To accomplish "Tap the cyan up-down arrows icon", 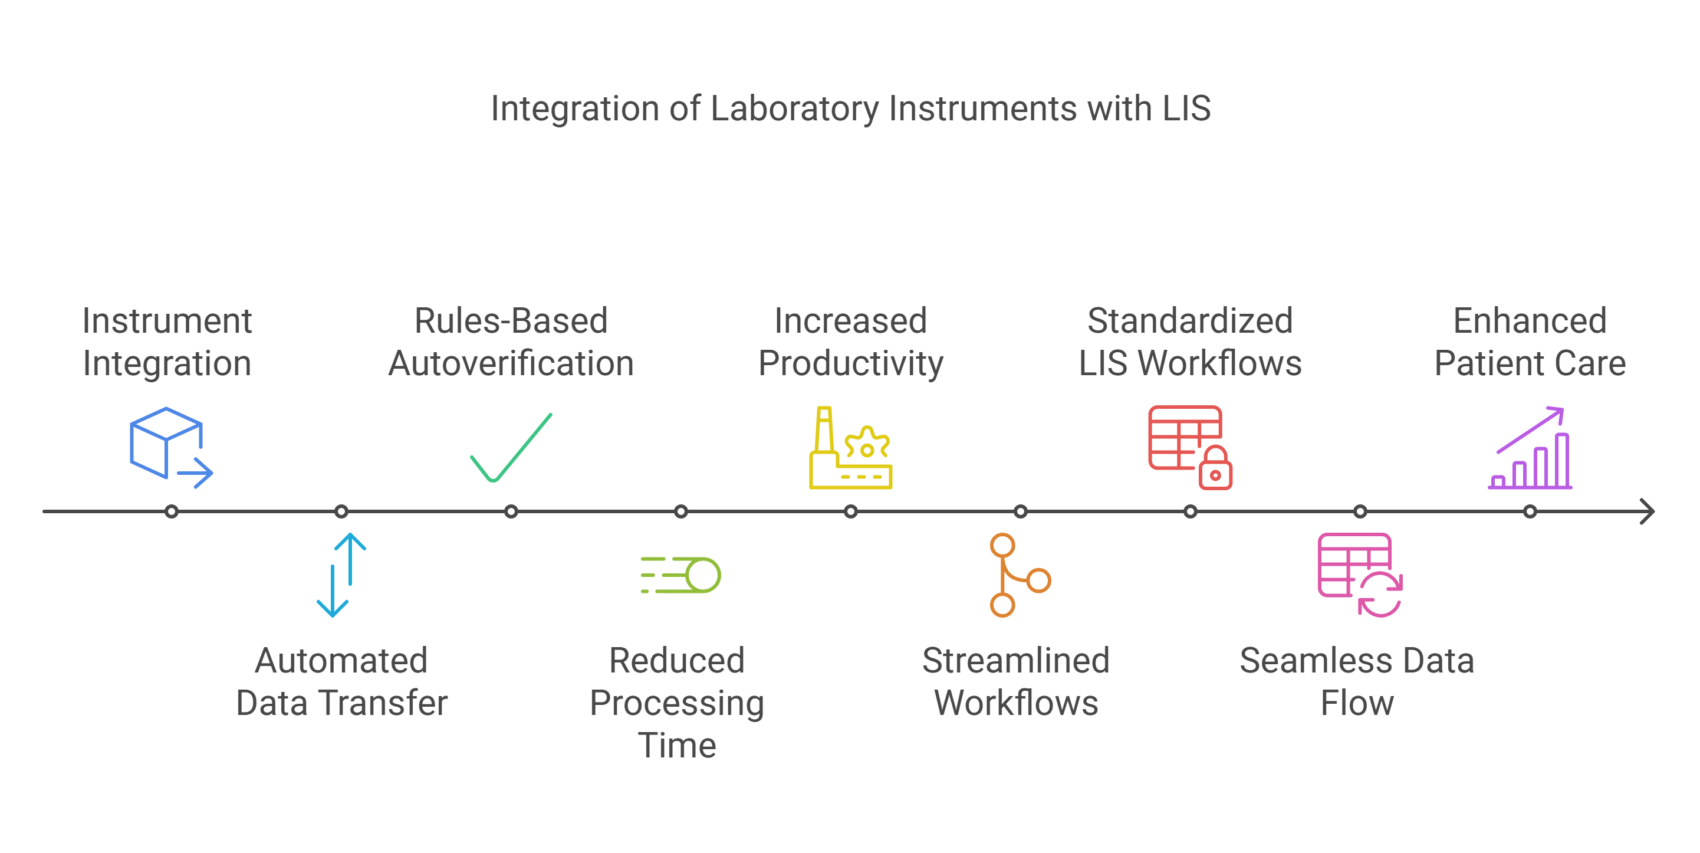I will [341, 575].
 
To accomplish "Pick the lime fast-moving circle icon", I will [680, 575].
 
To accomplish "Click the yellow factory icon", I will [851, 448].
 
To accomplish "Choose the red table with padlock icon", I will [1190, 448].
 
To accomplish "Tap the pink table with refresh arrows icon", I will [1360, 575].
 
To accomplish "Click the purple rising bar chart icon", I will [1530, 448].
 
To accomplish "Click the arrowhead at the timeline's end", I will [1648, 511].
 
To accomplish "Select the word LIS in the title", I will [1186, 109].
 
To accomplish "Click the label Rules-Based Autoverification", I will [511, 342].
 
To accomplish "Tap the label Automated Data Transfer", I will [341, 681].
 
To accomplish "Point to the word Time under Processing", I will [676, 746].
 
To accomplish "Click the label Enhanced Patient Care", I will [1530, 342].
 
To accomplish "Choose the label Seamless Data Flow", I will [1357, 681].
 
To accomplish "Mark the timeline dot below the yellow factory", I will [851, 511].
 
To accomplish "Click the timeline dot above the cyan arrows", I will [341, 511].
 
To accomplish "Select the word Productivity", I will [851, 363].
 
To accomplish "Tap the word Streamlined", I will [1015, 660].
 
